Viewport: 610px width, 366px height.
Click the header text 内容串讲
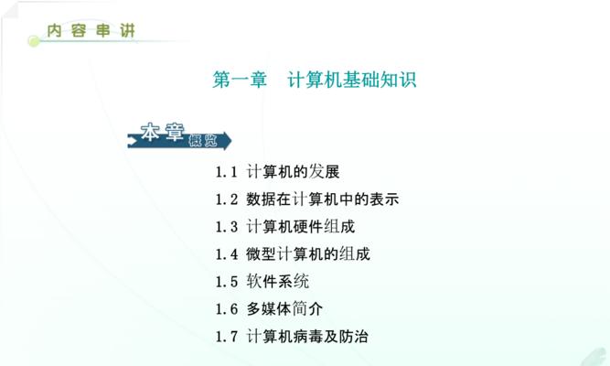coord(91,30)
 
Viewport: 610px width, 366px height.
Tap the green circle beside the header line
coord(34,41)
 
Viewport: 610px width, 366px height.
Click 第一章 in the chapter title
coord(240,80)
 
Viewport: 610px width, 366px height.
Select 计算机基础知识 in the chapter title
coord(352,80)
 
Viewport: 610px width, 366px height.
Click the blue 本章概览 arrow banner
coord(179,136)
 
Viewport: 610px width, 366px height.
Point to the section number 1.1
coord(227,172)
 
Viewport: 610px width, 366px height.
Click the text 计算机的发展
coord(293,172)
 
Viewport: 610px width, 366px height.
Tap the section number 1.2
coord(227,199)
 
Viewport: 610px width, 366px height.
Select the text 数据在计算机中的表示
coord(323,199)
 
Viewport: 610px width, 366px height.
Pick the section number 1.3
coord(227,227)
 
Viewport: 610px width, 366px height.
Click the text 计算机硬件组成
coord(301,227)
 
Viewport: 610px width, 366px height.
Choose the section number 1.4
coord(227,254)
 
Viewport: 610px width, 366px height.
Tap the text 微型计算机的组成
coord(308,254)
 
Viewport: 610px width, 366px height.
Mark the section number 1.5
coord(227,282)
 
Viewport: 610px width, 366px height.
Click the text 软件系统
coord(278,282)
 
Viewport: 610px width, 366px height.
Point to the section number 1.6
coord(227,309)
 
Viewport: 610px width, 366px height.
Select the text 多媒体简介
coord(284,309)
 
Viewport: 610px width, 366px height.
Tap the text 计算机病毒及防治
coord(307,337)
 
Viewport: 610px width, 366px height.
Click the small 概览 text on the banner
coord(203,140)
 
